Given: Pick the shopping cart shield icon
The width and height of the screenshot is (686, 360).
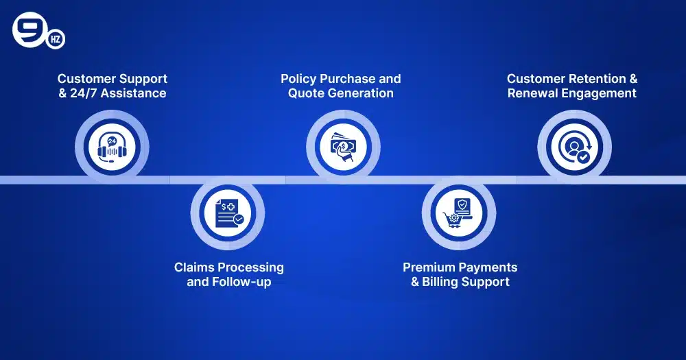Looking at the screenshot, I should pyautogui.click(x=459, y=214).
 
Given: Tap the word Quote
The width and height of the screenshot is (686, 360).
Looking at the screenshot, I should pyautogui.click(x=307, y=93).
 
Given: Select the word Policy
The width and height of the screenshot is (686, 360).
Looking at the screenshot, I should pyautogui.click(x=300, y=79).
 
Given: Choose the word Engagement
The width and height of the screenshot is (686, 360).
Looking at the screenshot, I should pyautogui.click(x=598, y=93).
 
